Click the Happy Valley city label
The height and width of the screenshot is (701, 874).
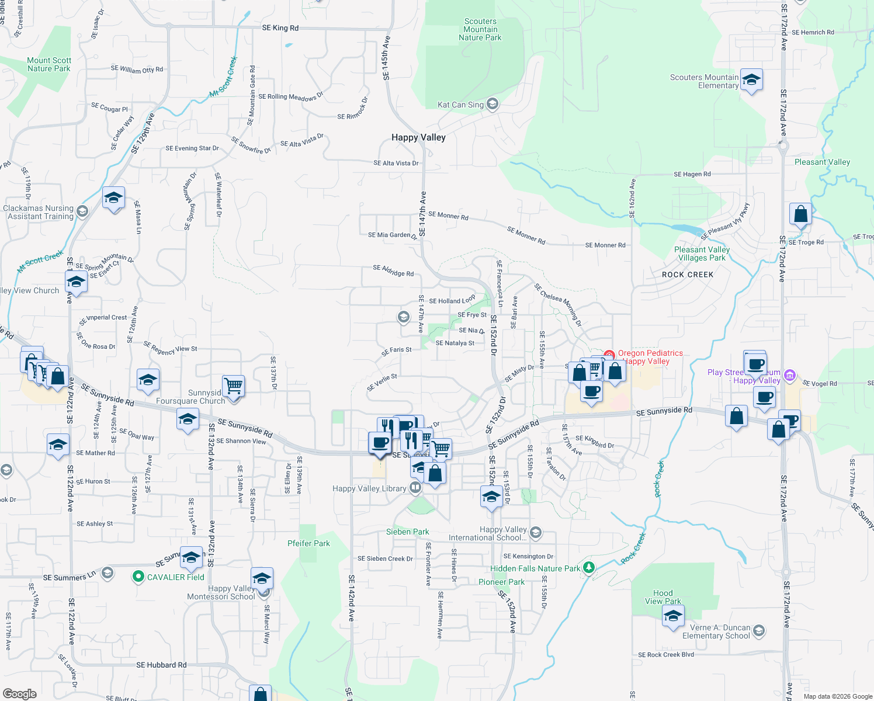pyautogui.click(x=418, y=137)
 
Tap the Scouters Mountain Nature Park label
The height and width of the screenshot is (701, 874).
pyautogui.click(x=480, y=29)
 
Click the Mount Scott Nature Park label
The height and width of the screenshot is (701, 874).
pyautogui.click(x=49, y=64)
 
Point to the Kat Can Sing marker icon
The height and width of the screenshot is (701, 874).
pyautogui.click(x=493, y=104)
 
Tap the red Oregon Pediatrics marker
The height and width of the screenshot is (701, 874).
pyautogui.click(x=609, y=355)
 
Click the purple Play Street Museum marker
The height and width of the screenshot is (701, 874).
pyautogui.click(x=790, y=374)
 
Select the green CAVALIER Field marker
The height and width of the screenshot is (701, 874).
pyautogui.click(x=138, y=577)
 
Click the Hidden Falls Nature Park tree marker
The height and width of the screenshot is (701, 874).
pyautogui.click(x=589, y=567)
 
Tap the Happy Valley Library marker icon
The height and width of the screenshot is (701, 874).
pyautogui.click(x=415, y=487)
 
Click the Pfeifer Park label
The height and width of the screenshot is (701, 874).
pyautogui.click(x=308, y=543)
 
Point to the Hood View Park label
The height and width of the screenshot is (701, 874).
pyautogui.click(x=663, y=597)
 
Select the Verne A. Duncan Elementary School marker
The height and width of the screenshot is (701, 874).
pyautogui.click(x=759, y=630)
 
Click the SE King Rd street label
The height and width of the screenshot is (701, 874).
pyautogui.click(x=280, y=28)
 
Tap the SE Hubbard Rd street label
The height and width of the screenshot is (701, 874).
pyautogui.click(x=161, y=665)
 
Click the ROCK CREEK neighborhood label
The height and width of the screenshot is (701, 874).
pyautogui.click(x=688, y=275)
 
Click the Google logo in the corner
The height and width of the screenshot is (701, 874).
pyautogui.click(x=20, y=694)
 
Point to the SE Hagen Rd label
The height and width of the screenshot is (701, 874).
pyautogui.click(x=692, y=174)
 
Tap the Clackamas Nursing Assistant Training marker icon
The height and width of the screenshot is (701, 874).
pyautogui.click(x=82, y=211)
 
